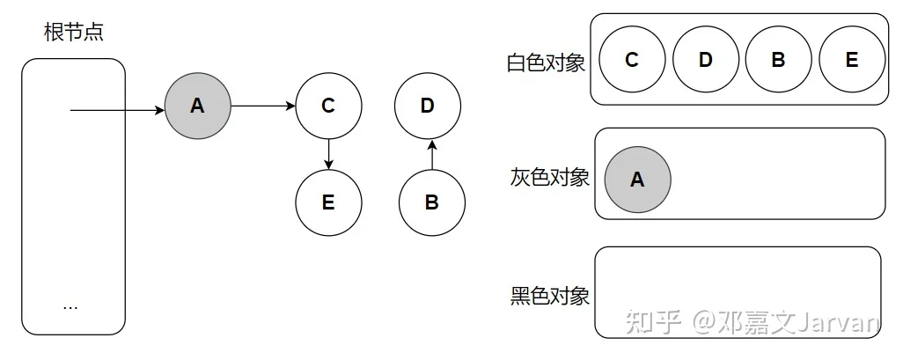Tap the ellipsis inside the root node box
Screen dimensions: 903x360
[70, 307]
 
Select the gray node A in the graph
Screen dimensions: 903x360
[197, 106]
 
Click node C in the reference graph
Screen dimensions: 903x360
[328, 106]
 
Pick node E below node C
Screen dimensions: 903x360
[328, 202]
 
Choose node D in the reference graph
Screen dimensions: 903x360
[428, 106]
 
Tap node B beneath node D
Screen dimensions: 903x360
[432, 202]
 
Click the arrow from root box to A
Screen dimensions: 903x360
[117, 109]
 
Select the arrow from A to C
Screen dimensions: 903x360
[263, 106]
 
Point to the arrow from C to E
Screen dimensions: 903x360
[328, 154]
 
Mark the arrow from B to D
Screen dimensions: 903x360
[432, 154]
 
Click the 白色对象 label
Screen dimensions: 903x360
[546, 62]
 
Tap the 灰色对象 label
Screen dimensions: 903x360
[549, 178]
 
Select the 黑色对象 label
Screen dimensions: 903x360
[549, 296]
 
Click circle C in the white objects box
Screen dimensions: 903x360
[632, 59]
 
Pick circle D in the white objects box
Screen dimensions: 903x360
[706, 59]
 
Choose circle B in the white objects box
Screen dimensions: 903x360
[779, 59]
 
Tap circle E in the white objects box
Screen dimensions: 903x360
[852, 59]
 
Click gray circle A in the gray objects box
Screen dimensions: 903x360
[637, 180]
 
